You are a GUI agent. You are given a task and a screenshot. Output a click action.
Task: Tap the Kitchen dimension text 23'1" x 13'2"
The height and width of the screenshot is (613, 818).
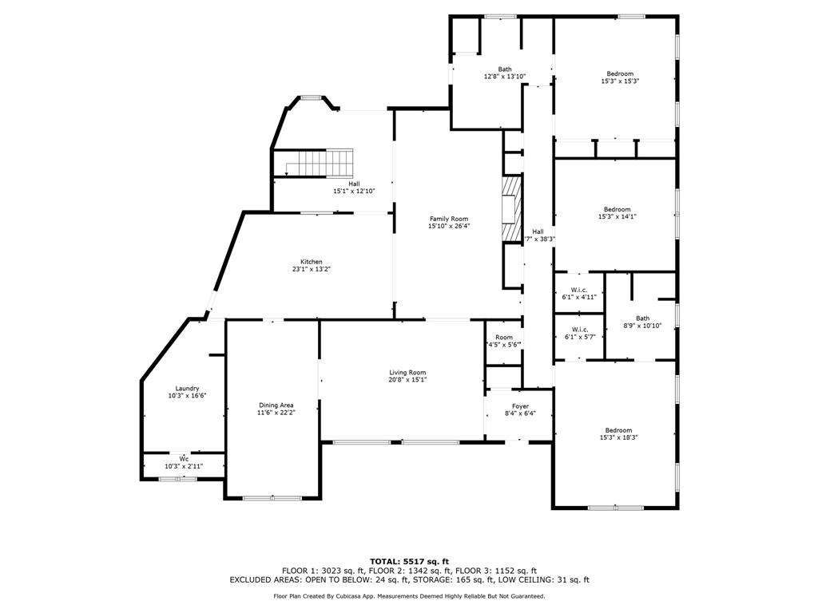pyautogui.click(x=312, y=270)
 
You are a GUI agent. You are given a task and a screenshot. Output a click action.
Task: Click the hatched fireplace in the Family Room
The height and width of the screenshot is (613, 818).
pyautogui.click(x=510, y=208)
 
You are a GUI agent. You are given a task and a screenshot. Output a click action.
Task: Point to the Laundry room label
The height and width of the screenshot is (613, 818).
pyautogui.click(x=187, y=389)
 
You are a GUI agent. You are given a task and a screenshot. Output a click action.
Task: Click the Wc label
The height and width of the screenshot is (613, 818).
pyautogui.click(x=184, y=459)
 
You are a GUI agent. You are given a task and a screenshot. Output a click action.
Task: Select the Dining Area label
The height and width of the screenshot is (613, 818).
pyautogui.click(x=276, y=405)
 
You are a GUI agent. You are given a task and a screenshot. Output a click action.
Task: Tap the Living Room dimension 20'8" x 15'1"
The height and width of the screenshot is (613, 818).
pyautogui.click(x=407, y=380)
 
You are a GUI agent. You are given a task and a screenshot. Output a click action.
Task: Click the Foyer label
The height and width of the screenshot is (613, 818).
pyautogui.click(x=521, y=406)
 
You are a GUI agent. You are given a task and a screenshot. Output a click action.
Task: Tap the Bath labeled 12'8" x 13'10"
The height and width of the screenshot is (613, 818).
pyautogui.click(x=505, y=73)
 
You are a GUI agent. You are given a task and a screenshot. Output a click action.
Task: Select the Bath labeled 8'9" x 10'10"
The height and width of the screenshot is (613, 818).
pyautogui.click(x=642, y=322)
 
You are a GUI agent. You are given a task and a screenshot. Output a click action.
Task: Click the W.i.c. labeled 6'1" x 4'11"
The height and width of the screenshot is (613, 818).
pyautogui.click(x=579, y=293)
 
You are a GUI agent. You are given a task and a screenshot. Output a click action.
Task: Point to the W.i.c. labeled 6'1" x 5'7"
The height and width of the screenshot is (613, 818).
pyautogui.click(x=579, y=333)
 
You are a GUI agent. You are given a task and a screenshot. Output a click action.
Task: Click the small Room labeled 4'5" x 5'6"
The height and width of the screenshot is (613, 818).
pyautogui.click(x=504, y=341)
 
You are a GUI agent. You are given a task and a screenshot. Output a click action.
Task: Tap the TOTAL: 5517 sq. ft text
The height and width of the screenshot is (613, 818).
pyautogui.click(x=409, y=561)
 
